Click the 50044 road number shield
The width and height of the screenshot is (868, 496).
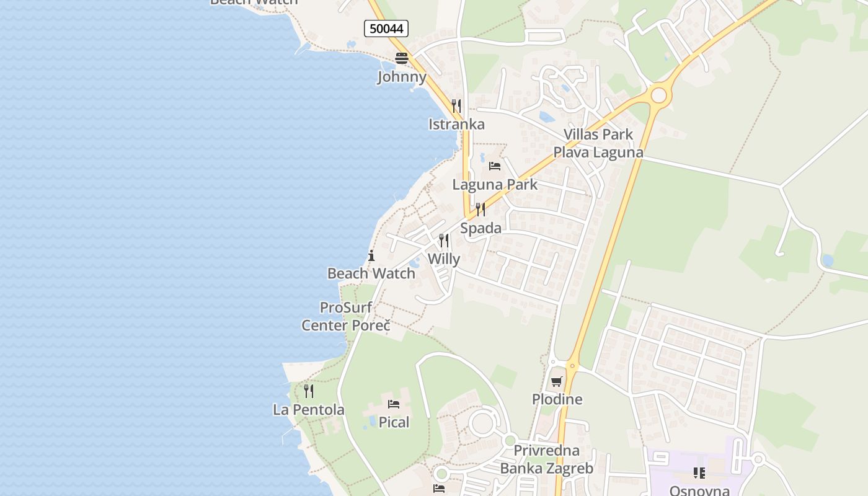(x=386, y=28)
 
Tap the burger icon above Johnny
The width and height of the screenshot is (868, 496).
(x=402, y=58)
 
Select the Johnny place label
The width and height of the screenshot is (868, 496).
(x=402, y=77)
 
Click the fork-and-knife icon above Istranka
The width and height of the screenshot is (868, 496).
(x=456, y=105)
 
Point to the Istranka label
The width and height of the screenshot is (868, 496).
(x=456, y=124)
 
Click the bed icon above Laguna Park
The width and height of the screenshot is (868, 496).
(x=495, y=166)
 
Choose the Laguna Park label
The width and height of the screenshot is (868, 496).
(x=495, y=184)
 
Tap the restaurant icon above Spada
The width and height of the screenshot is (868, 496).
(x=480, y=209)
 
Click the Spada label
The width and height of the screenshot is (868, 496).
(x=480, y=228)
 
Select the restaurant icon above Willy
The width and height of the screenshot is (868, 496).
(x=444, y=240)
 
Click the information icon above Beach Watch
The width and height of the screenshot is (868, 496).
(x=371, y=255)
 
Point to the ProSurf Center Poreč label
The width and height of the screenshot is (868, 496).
(x=346, y=316)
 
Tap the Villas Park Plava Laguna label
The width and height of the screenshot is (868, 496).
(x=598, y=143)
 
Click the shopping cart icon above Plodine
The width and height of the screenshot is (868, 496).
(x=557, y=381)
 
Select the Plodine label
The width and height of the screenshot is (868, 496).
(x=557, y=399)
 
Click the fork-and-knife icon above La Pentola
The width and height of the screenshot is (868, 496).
(x=309, y=391)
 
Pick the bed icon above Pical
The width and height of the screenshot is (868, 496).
(x=394, y=404)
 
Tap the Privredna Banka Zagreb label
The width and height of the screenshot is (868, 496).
(x=546, y=459)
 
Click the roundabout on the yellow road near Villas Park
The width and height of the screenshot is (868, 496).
(x=658, y=95)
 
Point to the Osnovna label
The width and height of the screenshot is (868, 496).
(x=699, y=490)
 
